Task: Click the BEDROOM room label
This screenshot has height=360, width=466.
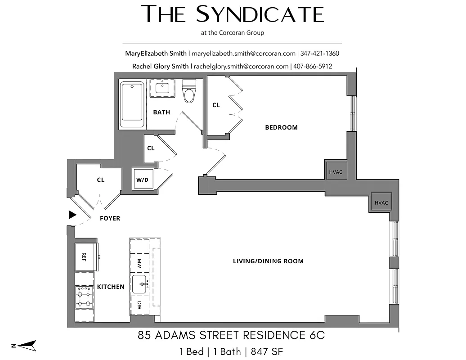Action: tap(281, 127)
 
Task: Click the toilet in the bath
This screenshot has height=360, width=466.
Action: tap(188, 91)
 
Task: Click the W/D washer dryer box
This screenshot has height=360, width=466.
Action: tap(142, 180)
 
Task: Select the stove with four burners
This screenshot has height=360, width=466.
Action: tap(84, 297)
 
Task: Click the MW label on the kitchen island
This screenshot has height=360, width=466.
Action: tap(139, 262)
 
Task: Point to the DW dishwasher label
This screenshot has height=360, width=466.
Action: tap(139, 305)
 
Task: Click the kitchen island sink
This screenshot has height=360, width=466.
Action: tap(140, 284)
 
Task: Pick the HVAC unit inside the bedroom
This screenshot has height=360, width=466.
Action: tap(336, 171)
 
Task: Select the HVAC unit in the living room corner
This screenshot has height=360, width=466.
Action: tap(381, 202)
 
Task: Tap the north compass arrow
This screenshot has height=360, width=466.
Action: tap(25, 346)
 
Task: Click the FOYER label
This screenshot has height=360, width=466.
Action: tap(110, 218)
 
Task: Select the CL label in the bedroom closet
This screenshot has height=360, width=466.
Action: tap(216, 105)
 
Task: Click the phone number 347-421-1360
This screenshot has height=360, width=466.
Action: tap(319, 53)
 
